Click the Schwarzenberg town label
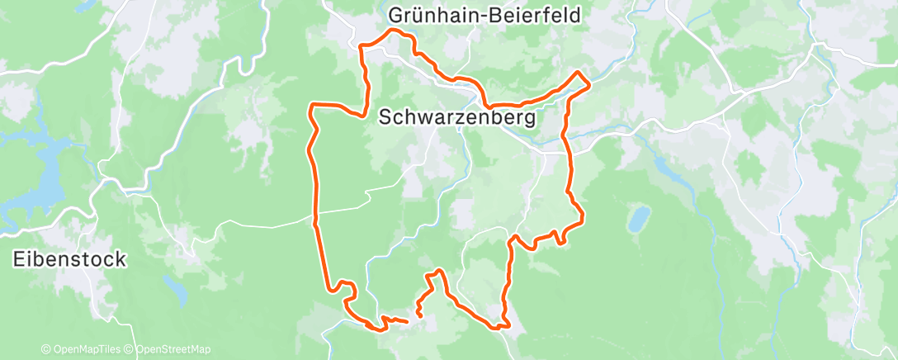click(456, 118)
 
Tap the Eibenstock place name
click(70, 260)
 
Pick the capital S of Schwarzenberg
click(385, 118)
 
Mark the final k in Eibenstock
click(121, 260)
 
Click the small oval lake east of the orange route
click(637, 220)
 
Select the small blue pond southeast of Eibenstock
click(175, 291)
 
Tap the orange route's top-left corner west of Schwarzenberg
click(311, 105)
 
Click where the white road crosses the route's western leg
click(316, 213)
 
